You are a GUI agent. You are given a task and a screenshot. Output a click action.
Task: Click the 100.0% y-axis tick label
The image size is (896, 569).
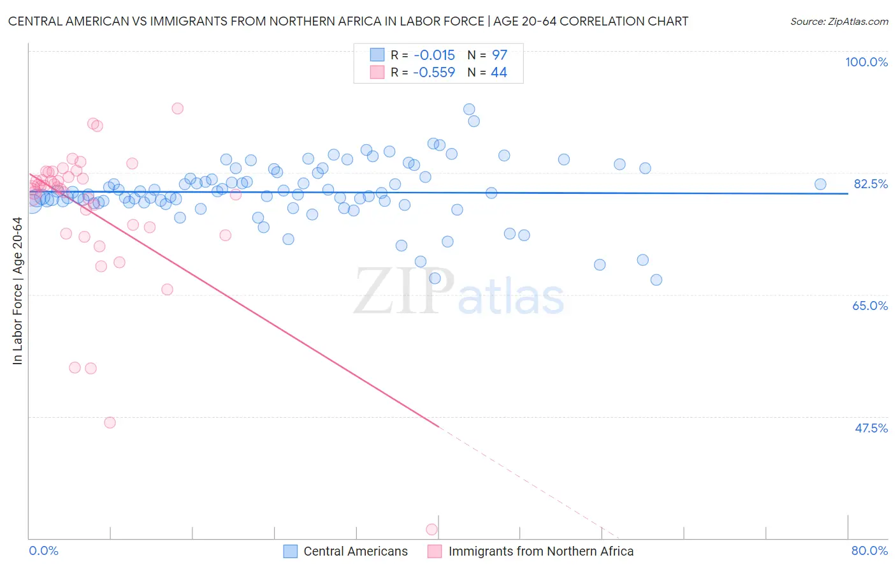click(866, 62)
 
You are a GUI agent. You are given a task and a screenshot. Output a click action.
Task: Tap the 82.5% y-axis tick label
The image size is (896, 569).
click(871, 184)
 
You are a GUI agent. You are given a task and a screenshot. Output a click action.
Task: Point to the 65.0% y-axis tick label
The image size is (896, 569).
click(870, 306)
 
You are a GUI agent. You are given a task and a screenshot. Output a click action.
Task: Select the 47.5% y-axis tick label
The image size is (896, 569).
click(871, 428)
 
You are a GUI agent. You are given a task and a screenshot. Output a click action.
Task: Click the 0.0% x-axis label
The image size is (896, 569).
click(43, 551)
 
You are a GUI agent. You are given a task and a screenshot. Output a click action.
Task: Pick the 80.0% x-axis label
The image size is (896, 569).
click(869, 551)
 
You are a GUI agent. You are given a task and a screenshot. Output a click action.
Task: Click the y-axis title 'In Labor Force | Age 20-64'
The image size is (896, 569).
click(17, 291)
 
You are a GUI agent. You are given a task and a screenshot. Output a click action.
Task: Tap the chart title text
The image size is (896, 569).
click(348, 21)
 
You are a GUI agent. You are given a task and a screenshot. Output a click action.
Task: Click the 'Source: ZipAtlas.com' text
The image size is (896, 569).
click(839, 21)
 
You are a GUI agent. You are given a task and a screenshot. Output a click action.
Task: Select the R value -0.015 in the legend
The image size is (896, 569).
click(434, 55)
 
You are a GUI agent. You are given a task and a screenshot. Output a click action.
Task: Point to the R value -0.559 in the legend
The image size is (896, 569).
click(434, 73)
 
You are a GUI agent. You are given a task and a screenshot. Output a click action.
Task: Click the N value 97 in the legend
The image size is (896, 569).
click(499, 55)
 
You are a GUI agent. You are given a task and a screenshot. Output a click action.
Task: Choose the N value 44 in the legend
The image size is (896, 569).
click(499, 73)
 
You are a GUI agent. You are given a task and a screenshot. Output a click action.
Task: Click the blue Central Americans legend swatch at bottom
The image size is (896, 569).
click(291, 551)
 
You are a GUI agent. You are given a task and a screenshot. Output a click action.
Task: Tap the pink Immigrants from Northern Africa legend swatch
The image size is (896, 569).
click(435, 551)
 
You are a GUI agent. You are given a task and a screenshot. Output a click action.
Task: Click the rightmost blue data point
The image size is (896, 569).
click(820, 184)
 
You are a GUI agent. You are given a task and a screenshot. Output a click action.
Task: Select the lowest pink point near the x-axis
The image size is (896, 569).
click(431, 529)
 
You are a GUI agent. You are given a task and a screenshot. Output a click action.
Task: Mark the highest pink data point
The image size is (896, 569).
click(178, 108)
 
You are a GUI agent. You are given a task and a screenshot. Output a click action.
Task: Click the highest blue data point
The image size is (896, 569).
click(469, 109)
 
